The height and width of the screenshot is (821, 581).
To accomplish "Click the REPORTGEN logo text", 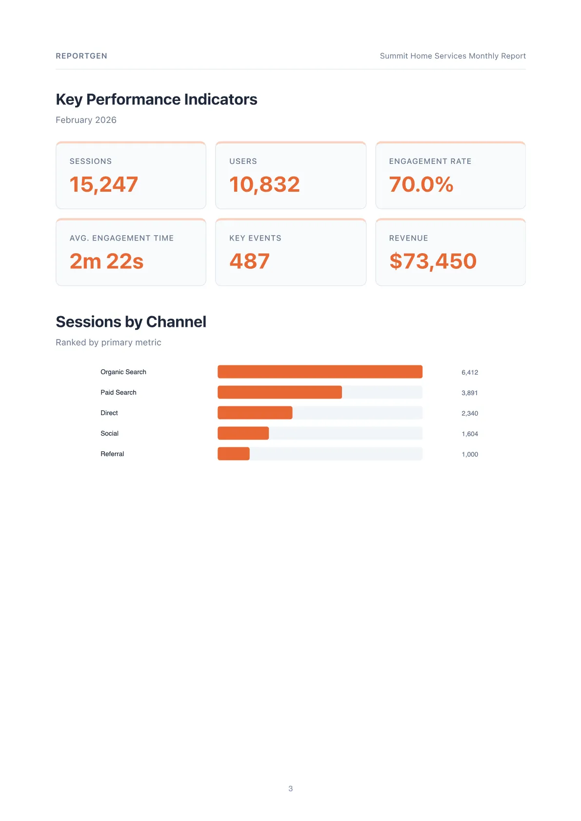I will [x=81, y=56].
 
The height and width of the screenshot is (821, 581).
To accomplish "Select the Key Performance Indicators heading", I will [x=156, y=100].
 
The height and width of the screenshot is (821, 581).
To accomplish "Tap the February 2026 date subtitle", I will [x=86, y=120].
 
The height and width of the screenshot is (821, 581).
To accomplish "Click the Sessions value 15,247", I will [x=103, y=184].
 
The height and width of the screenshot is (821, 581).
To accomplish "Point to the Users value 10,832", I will [x=264, y=184].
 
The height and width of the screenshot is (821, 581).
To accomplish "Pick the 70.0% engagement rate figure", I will [x=421, y=184].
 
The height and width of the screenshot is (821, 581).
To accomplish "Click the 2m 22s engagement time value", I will [x=106, y=261].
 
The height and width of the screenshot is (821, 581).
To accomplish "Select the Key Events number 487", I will [x=249, y=261].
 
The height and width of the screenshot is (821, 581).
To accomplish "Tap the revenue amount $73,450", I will [x=433, y=261].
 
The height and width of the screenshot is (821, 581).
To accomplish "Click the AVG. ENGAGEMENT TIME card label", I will [x=121, y=238].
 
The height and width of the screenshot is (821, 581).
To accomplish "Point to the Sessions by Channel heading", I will [x=131, y=322].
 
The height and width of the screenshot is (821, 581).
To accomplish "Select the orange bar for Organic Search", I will [x=320, y=372].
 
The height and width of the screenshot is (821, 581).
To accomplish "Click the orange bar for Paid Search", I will [x=280, y=392].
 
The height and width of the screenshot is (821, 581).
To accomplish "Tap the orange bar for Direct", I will [x=255, y=413].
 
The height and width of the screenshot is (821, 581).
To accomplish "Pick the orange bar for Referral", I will [x=233, y=454].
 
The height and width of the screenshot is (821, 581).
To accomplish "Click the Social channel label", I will [x=109, y=433].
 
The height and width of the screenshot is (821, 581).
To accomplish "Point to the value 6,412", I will [x=469, y=372].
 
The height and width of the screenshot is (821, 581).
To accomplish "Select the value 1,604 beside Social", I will [x=469, y=434].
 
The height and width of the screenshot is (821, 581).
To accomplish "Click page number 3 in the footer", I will [x=290, y=788].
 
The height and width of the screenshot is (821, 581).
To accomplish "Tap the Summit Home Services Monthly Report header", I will [x=452, y=56].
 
